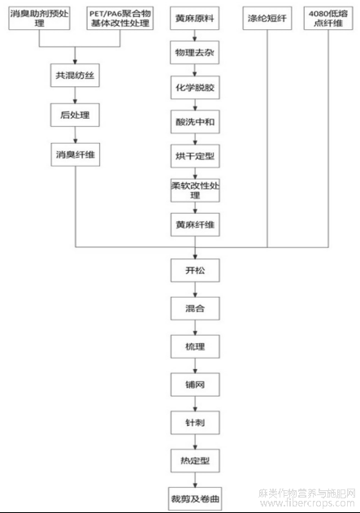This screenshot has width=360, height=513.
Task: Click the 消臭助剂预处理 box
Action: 39,18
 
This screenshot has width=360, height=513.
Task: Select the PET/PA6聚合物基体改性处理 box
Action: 120,18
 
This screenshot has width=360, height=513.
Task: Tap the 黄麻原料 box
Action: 194,18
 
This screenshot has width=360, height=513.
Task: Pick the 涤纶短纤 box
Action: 267,18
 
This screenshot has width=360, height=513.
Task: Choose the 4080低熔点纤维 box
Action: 328,18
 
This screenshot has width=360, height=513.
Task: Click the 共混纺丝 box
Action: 75,76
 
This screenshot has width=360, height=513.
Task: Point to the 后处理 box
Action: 75,115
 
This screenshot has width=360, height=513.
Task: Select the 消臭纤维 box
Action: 76,154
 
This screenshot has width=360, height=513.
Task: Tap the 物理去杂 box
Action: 194,52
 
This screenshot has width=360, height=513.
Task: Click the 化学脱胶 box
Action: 195,87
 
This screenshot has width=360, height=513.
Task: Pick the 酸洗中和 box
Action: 195,122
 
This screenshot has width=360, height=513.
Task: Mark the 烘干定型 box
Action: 195,156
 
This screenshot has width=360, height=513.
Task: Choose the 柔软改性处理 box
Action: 195,190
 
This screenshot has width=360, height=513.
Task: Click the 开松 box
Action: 195,270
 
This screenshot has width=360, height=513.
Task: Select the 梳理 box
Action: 195,346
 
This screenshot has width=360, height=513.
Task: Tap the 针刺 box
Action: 195,423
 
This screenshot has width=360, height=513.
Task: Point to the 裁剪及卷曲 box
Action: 195,498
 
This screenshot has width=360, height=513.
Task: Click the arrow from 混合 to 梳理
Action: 195,328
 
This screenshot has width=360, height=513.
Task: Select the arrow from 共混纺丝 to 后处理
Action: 75,95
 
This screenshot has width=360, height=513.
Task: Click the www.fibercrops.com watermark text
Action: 307,503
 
